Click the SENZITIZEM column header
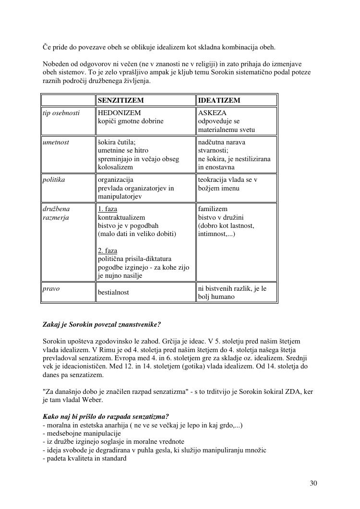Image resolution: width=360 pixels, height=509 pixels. pos(121,100)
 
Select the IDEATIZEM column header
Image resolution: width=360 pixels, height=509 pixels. pos(219,100)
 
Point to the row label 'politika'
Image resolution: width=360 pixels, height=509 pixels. pos(54,179)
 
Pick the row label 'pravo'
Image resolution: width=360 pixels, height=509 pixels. pos(51,288)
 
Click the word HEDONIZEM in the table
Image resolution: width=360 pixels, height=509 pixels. pos(119,113)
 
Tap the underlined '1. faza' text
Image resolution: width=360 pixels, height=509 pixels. pos(108,209)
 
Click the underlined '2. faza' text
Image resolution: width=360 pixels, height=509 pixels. pos(108,250)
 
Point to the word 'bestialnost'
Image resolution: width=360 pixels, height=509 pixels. pos(113,292)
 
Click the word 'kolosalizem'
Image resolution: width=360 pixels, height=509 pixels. pos(115,167)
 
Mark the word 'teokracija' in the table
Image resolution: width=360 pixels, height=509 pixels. pos(213,179)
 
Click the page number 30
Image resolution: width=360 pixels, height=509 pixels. pos(313,483)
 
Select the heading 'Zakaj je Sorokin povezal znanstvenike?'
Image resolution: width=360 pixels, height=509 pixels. pos(102,325)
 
